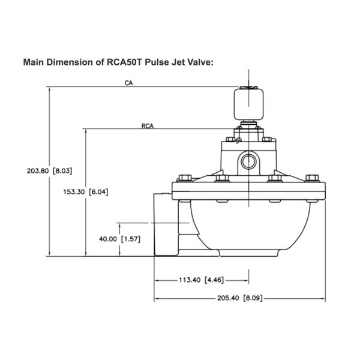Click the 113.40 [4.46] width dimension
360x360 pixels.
click(x=202, y=280)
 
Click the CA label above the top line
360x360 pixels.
click(x=128, y=83)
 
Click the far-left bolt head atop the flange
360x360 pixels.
click(x=183, y=178)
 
